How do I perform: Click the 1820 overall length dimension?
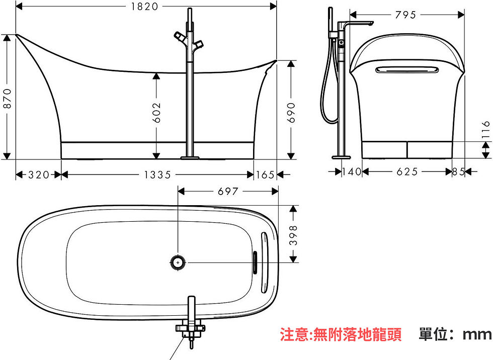point(145,6)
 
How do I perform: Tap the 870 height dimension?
point(7,99)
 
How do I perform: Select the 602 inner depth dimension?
point(156,112)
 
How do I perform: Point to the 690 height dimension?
point(291,112)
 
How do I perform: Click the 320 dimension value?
point(39,174)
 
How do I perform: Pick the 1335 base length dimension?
point(157,174)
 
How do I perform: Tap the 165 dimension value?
point(265,174)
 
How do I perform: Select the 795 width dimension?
point(405,15)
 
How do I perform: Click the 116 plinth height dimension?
point(486,129)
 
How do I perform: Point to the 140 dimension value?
point(352,171)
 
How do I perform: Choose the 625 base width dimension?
point(407,171)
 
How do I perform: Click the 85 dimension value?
point(459,171)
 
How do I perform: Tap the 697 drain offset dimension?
point(228,191)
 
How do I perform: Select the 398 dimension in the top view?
point(293,235)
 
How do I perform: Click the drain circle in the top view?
point(178,262)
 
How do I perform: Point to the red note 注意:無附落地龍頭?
point(341,334)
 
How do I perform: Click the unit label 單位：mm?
point(455,334)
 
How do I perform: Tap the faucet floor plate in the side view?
point(190,157)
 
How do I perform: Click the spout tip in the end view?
point(372,23)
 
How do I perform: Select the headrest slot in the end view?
point(407,69)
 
